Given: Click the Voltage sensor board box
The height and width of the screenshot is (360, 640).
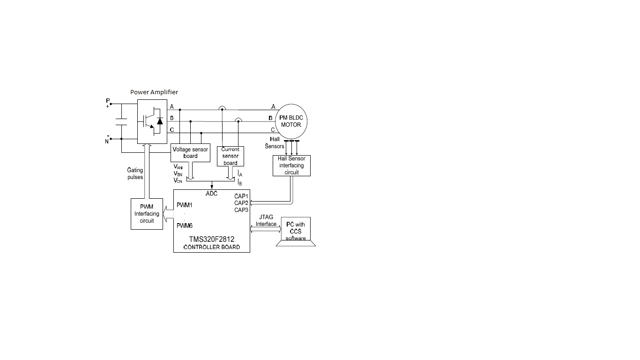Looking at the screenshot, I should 190,152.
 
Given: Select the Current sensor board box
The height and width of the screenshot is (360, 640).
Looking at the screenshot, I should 231,156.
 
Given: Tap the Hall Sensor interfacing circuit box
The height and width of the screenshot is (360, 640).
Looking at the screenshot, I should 291,165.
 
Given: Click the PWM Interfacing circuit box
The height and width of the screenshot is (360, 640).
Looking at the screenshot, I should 147,214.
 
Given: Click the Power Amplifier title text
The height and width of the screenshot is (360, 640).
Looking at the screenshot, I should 154,92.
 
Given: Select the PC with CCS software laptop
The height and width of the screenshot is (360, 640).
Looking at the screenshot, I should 296,231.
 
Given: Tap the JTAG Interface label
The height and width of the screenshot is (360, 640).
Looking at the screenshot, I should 266,220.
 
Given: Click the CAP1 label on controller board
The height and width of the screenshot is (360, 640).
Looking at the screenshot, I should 241,196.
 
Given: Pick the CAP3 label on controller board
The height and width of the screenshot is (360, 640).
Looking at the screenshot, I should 241,210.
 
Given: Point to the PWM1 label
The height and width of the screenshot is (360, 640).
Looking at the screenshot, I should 185,205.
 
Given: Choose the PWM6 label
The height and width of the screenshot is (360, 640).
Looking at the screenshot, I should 185,225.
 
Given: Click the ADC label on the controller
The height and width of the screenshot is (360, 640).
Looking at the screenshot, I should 212,193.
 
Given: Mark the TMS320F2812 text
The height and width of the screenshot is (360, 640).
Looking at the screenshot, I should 212,239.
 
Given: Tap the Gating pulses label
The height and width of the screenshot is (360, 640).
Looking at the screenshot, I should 135,173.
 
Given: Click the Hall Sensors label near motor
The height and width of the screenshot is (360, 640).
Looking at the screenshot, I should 275,143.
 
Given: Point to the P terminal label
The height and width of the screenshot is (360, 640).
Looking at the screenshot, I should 107,101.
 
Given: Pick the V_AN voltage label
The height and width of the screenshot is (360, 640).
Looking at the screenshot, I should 178,166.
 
